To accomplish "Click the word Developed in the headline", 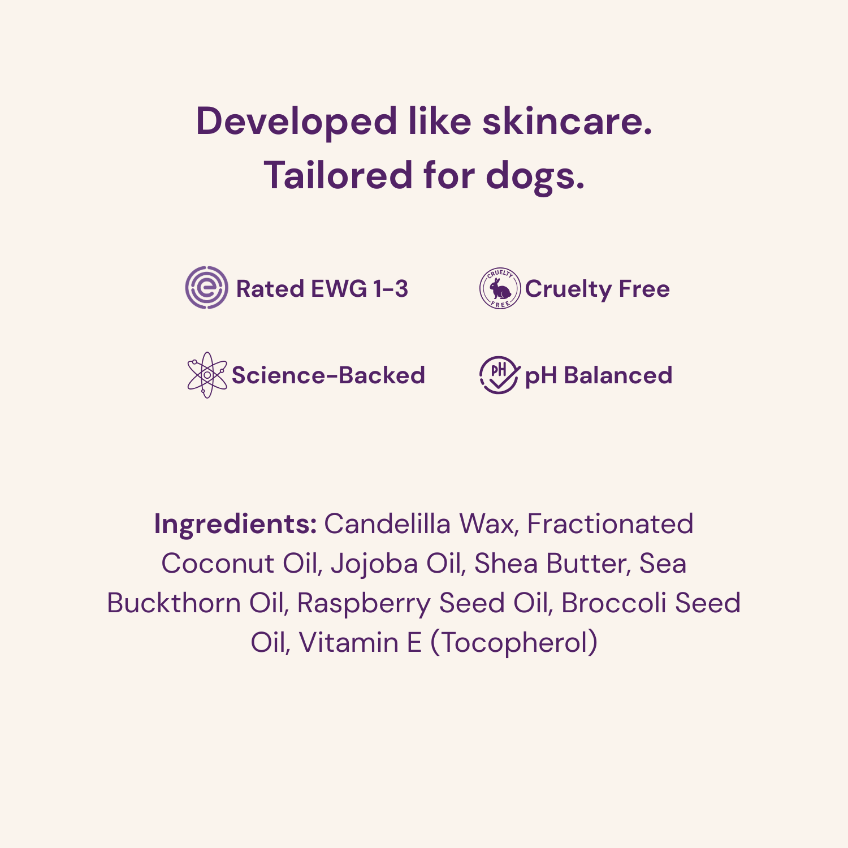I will tap(296, 122).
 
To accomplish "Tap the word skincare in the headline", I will tap(567, 122).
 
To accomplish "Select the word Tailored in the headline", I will tap(338, 175).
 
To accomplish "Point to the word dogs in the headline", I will tap(535, 176).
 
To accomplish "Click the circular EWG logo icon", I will tap(207, 288).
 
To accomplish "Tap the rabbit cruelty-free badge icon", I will tap(500, 288).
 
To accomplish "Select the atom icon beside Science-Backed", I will tap(207, 375).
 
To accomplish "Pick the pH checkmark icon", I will tap(499, 374).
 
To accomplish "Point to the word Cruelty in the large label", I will tap(568, 289).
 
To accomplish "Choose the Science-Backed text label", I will tap(328, 375).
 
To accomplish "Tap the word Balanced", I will tap(618, 375).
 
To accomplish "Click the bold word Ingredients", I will tap(235, 525).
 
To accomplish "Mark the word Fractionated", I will tap(610, 524).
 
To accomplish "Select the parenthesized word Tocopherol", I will tap(514, 643).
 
